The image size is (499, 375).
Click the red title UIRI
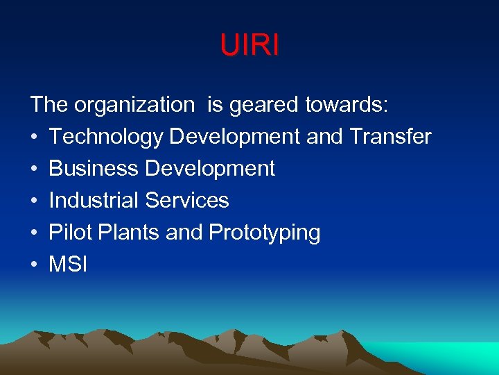click(249, 45)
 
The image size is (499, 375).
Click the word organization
click(134, 105)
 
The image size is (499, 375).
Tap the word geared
click(265, 105)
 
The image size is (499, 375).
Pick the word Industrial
click(94, 201)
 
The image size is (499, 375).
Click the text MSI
click(68, 265)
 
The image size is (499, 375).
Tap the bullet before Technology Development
click(34, 137)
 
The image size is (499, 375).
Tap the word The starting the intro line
click(49, 105)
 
